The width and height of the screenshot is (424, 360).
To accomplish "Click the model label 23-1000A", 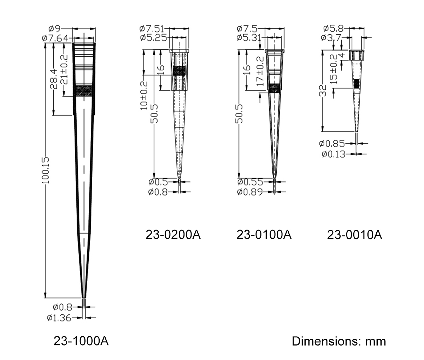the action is (81, 341).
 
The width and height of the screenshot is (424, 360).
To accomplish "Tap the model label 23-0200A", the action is (173, 234).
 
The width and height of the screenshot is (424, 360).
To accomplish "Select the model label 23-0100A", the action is (264, 234).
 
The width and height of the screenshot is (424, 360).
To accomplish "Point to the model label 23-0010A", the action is (354, 235).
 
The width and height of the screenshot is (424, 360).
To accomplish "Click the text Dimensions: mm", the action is (339, 341).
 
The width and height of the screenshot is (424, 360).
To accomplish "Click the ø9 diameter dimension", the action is (54, 29).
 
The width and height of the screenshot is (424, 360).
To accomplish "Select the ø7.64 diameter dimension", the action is (55, 38).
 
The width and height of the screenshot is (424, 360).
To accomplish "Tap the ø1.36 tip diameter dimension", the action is (59, 318).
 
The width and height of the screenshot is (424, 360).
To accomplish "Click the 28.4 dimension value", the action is (54, 79).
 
